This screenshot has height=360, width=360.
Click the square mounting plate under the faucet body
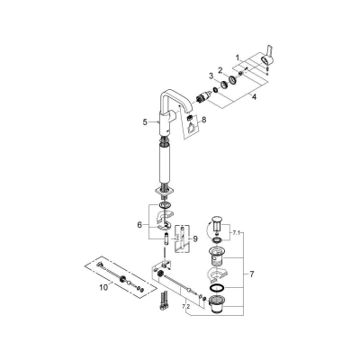162,190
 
